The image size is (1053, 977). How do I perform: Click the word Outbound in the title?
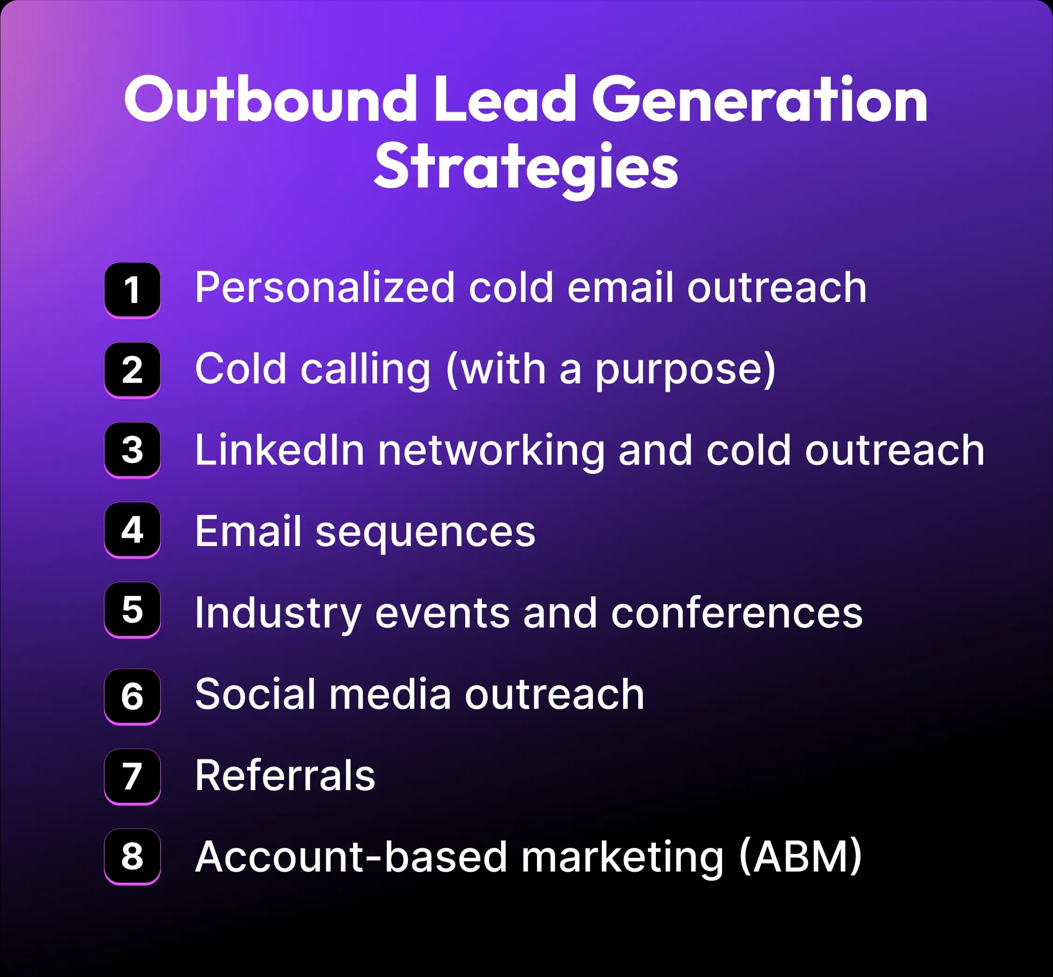tap(270, 99)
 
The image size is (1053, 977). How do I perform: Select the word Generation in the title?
tap(759, 99)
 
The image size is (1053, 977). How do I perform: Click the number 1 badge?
tap(132, 290)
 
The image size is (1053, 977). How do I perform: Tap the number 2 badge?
tap(132, 369)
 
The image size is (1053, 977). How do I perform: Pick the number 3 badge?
tap(132, 450)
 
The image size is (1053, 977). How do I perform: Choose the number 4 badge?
tap(132, 530)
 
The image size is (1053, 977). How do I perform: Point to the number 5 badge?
tap(132, 609)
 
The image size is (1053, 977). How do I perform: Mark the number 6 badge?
tap(132, 696)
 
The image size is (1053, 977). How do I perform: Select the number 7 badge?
tap(132, 776)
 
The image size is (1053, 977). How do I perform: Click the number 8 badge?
tap(132, 856)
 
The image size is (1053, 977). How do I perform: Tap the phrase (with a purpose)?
tap(611, 369)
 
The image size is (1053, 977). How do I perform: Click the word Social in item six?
tap(255, 694)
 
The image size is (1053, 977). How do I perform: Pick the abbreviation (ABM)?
tap(800, 856)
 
